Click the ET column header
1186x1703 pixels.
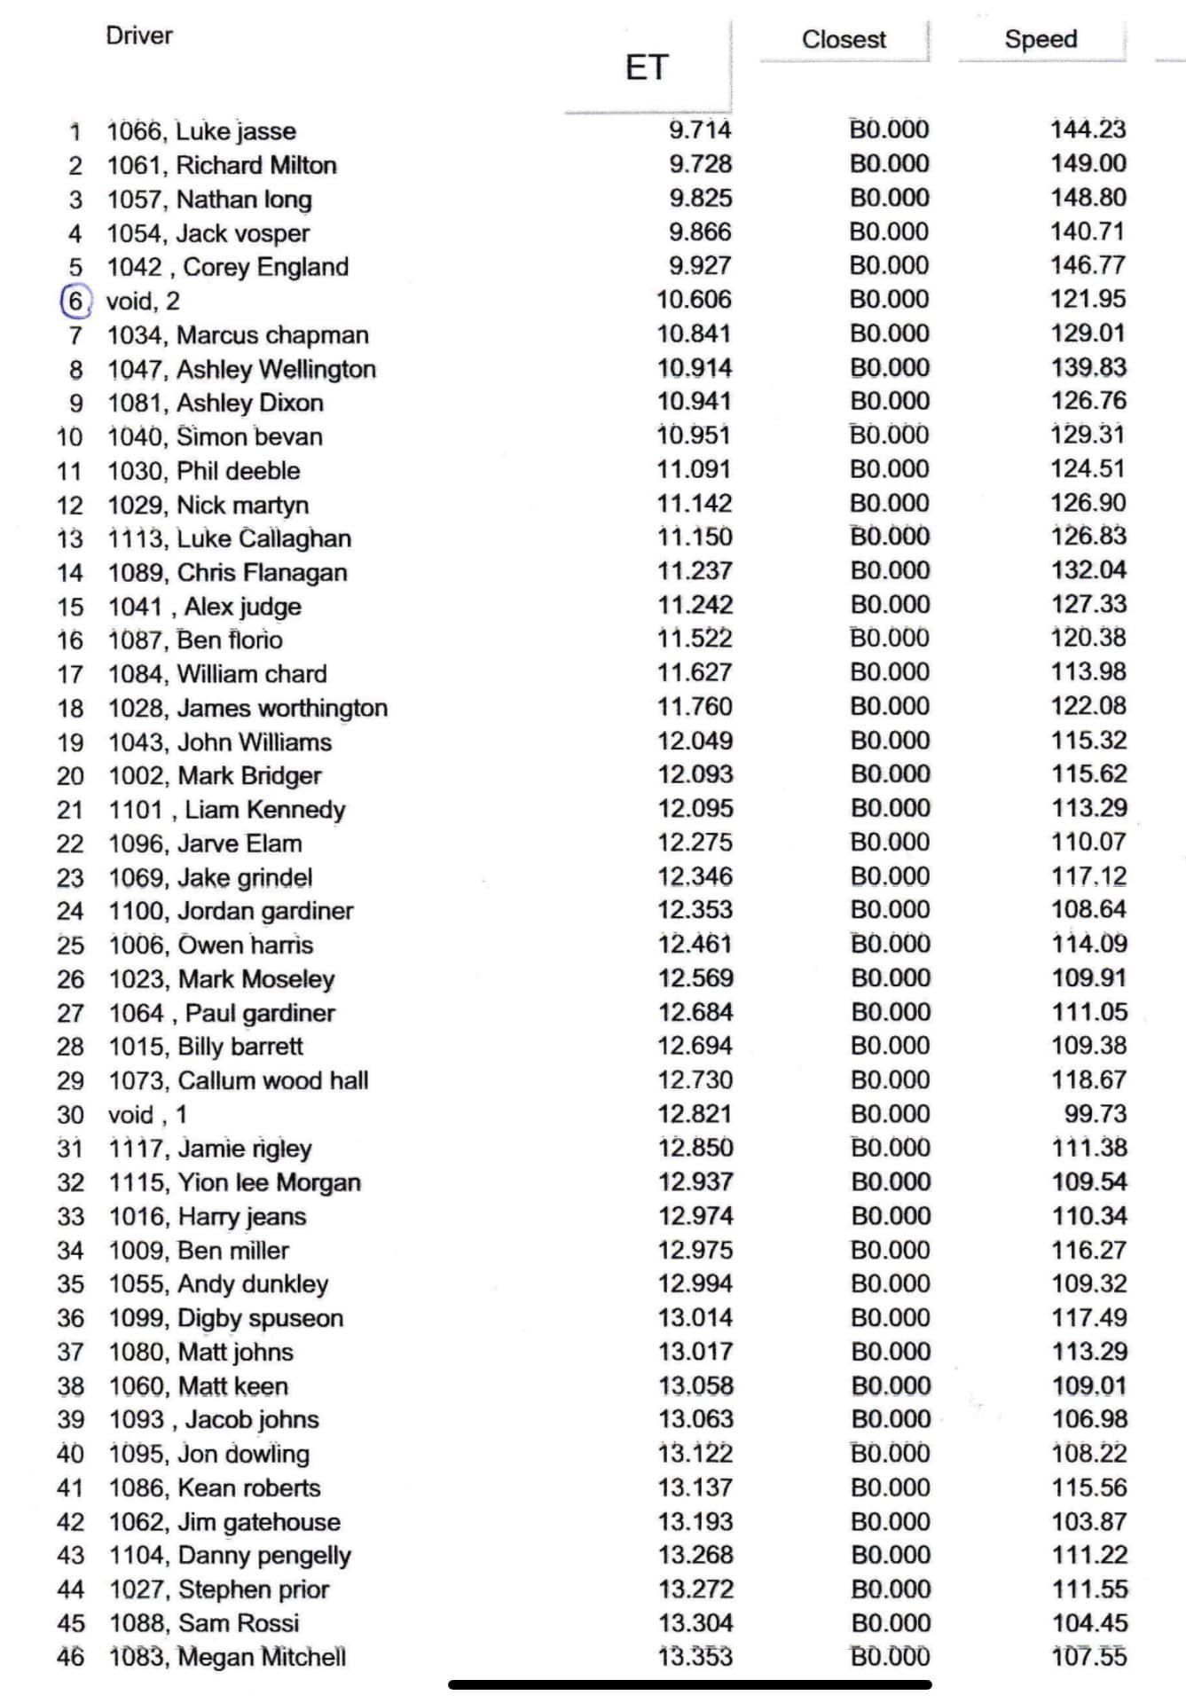pos(646,67)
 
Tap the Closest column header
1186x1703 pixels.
pos(843,40)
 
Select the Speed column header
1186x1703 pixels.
pos(1041,39)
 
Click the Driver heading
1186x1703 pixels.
pos(138,35)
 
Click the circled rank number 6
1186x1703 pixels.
pos(75,301)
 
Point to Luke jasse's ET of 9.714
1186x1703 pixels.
pos(700,129)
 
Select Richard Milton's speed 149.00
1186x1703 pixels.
pos(1088,163)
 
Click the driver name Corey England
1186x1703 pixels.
pos(265,267)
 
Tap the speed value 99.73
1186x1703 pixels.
pos(1095,1113)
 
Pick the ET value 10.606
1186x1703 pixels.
pos(694,300)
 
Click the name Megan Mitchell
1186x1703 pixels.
pos(262,1657)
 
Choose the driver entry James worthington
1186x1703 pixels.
pos(282,708)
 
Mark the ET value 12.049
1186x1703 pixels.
pos(695,741)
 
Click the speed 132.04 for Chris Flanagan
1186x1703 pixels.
pos(1088,570)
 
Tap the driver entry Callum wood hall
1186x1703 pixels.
pos(272,1080)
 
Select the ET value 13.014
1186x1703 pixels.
pos(695,1317)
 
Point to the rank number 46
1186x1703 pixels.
pos(70,1657)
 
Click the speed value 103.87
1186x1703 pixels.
pos(1089,1521)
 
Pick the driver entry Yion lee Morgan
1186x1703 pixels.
pos(269,1182)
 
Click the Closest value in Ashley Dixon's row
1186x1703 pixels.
pos(889,402)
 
